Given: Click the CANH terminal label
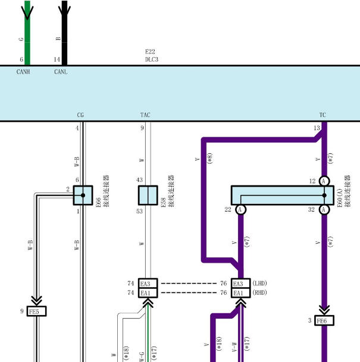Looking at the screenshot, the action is click(23, 72).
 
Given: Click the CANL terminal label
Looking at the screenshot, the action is click(61, 72).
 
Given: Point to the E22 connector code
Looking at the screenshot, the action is click(150, 52).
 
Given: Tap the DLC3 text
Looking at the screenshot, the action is click(152, 59).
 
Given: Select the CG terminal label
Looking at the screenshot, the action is click(80, 115).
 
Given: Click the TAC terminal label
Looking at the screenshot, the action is click(145, 115).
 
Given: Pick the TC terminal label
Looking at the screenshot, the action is click(323, 115).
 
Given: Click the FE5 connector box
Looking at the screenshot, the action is click(36, 311).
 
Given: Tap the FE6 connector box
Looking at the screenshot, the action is click(324, 320).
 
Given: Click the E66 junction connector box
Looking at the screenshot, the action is click(83, 196).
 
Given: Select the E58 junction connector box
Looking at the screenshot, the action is click(148, 196).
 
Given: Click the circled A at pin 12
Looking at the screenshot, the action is click(324, 181).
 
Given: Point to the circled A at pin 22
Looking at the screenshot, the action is click(240, 210).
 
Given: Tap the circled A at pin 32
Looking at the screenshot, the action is click(324, 210).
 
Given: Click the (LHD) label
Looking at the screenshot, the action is click(259, 284).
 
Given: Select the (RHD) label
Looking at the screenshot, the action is click(259, 292).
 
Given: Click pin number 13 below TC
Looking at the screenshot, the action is click(317, 128).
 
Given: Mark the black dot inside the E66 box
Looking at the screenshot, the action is click(83, 196).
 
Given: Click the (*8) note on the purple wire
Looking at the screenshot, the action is click(210, 158).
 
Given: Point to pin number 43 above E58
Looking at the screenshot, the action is click(140, 180).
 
